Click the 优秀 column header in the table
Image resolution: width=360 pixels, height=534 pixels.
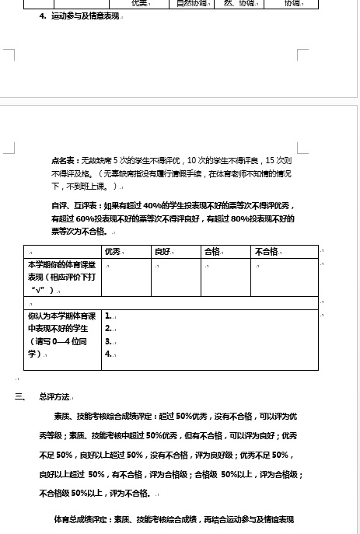pos(114,252)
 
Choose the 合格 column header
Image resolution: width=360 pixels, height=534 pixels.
pos(212,252)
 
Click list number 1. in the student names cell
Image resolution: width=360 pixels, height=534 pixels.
pos(109,316)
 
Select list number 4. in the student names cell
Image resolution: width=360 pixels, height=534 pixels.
pos(109,354)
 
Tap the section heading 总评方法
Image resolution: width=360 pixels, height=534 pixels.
pos(55,396)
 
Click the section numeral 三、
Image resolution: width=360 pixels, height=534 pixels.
pos(20,396)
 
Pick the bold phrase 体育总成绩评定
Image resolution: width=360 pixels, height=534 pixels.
pos(82,518)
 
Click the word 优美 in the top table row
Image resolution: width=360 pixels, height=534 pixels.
pos(141,3)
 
